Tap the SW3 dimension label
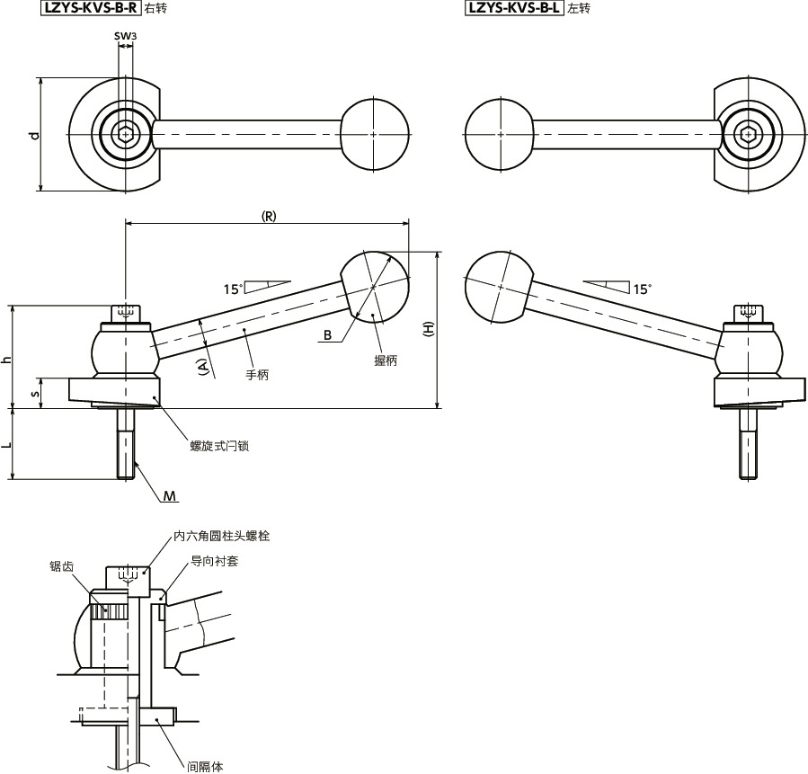pos(125,37)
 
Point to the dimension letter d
pos(34,136)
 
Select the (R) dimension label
pos(268,217)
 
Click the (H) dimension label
pos(429,329)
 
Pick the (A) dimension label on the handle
pos(203,367)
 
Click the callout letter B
pos(328,335)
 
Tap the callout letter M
pos(170,496)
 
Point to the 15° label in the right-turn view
pos(233,289)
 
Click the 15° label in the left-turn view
pos(642,289)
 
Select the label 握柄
pos(386,360)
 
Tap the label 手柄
pos(256,374)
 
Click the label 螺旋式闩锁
pos(218,445)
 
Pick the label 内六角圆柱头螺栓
pos(222,536)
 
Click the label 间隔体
pos(205,767)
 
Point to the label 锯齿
pos(62,566)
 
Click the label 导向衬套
pos(214,561)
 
